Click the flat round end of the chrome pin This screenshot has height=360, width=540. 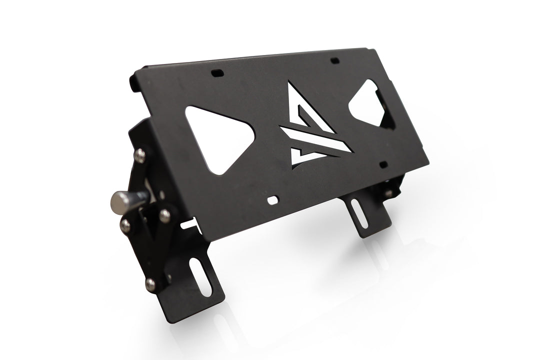[118, 201]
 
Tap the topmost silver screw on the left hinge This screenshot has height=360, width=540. [141, 156]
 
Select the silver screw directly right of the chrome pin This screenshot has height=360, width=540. [164, 215]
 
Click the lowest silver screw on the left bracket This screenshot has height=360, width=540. [150, 284]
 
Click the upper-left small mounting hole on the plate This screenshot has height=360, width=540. [216, 73]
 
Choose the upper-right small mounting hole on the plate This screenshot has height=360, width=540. [335, 60]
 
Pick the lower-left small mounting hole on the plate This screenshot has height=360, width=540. [273, 200]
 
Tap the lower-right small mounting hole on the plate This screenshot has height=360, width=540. [383, 164]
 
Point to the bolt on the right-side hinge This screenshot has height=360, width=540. [388, 192]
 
